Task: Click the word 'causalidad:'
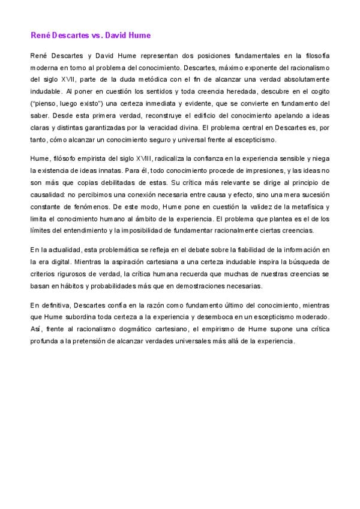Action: (49, 193)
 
